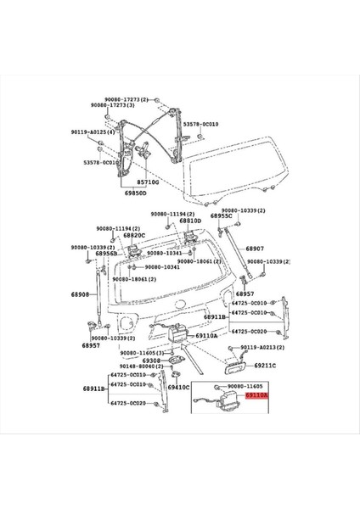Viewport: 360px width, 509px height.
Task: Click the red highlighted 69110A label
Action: (x=256, y=395)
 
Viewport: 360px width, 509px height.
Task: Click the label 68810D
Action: (x=190, y=221)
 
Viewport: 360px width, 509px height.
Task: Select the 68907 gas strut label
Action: (x=256, y=249)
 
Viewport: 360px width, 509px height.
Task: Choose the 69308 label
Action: (x=151, y=361)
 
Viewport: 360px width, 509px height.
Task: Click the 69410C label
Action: (x=177, y=387)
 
